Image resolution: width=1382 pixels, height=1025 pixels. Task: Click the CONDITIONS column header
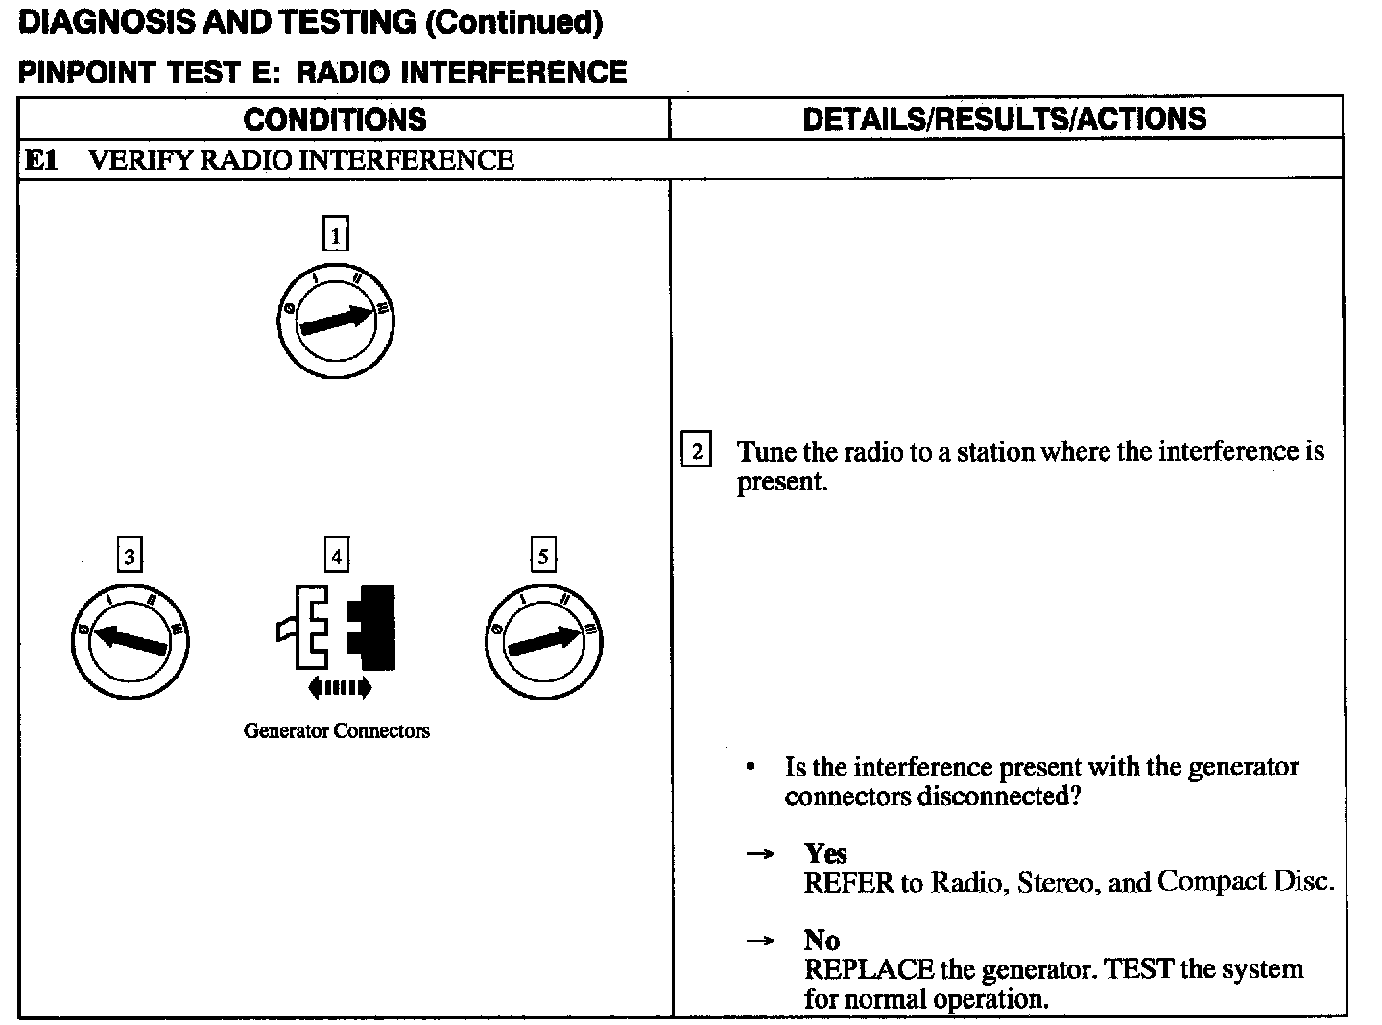click(x=334, y=119)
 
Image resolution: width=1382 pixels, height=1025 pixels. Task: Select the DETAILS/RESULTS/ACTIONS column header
click(x=1004, y=118)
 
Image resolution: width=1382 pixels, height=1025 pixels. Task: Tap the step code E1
click(x=40, y=159)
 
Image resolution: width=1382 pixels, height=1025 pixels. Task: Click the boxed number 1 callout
click(x=335, y=234)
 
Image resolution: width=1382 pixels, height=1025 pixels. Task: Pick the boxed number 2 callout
click(x=696, y=450)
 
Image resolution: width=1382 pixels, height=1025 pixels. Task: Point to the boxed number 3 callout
click(x=130, y=556)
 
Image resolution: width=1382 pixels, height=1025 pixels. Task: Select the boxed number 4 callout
click(x=336, y=556)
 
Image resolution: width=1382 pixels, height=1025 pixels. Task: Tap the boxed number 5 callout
click(x=543, y=556)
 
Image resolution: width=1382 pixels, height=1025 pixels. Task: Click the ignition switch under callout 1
click(x=335, y=322)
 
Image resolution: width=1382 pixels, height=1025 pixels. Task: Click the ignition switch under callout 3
click(x=130, y=641)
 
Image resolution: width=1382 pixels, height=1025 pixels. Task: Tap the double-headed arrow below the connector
click(x=338, y=686)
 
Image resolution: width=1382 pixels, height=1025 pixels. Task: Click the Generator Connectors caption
click(x=336, y=731)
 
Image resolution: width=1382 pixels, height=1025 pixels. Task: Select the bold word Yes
click(x=825, y=853)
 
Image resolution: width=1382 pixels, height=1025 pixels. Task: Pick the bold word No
click(x=822, y=940)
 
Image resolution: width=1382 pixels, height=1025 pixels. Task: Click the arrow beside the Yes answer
click(x=760, y=853)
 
